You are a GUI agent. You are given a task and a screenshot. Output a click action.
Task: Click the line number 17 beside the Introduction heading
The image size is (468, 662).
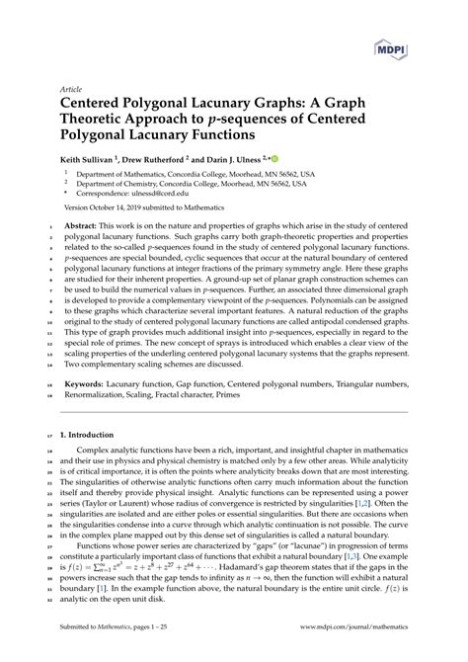click(49, 434)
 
